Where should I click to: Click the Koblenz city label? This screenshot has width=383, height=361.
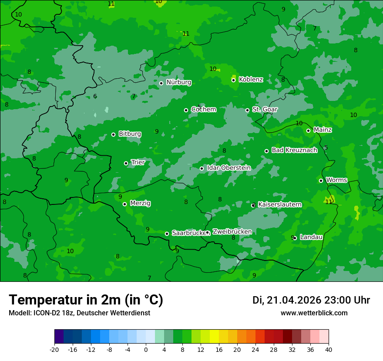tap(251, 80)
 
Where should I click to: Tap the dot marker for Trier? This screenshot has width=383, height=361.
tap(126, 163)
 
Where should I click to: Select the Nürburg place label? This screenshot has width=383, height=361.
tap(178, 82)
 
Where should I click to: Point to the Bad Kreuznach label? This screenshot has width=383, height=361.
tap(294, 150)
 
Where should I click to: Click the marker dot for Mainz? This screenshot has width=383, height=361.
tap(308, 130)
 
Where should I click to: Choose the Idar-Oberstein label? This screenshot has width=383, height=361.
tap(228, 168)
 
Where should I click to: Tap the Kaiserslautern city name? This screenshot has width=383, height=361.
tap(279, 204)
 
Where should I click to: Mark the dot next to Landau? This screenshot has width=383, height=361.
tap(295, 238)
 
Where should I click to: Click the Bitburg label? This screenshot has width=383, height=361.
tap(130, 134)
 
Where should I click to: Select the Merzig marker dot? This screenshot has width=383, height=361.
tap(124, 204)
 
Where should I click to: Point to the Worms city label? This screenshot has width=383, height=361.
tap(336, 180)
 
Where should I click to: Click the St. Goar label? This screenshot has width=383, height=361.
tap(265, 110)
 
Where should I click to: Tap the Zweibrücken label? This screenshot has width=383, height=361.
tap(232, 232)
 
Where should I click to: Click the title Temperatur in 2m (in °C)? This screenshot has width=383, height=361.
tap(86, 300)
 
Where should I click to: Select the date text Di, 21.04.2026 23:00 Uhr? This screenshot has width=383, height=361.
tap(311, 300)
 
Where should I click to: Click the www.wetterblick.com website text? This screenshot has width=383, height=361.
tap(314, 313)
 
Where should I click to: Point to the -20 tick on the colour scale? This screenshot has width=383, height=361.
tap(54, 349)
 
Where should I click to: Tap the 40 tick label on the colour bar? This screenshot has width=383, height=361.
tap(328, 349)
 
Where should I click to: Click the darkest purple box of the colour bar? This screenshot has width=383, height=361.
tap(59, 337)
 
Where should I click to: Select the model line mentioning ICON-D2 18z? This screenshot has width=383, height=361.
tap(79, 313)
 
